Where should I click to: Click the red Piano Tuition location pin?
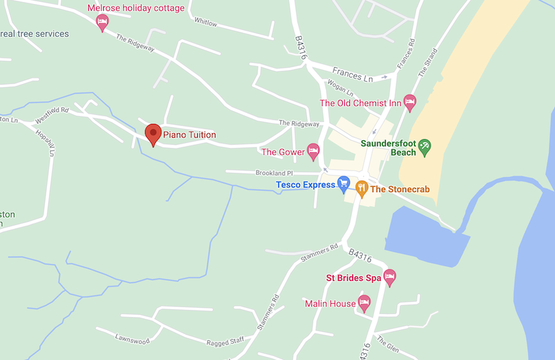(x=153, y=134)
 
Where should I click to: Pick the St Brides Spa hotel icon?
(x=390, y=277)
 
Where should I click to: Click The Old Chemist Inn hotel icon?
(x=409, y=103)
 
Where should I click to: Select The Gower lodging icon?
(x=313, y=152)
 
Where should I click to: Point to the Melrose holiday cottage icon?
(x=102, y=23)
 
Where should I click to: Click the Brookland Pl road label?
(x=275, y=173)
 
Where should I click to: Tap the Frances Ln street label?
(x=352, y=74)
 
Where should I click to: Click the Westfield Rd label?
(x=52, y=115)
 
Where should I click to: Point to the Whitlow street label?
(x=206, y=24)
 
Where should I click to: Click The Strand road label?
(x=427, y=63)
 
